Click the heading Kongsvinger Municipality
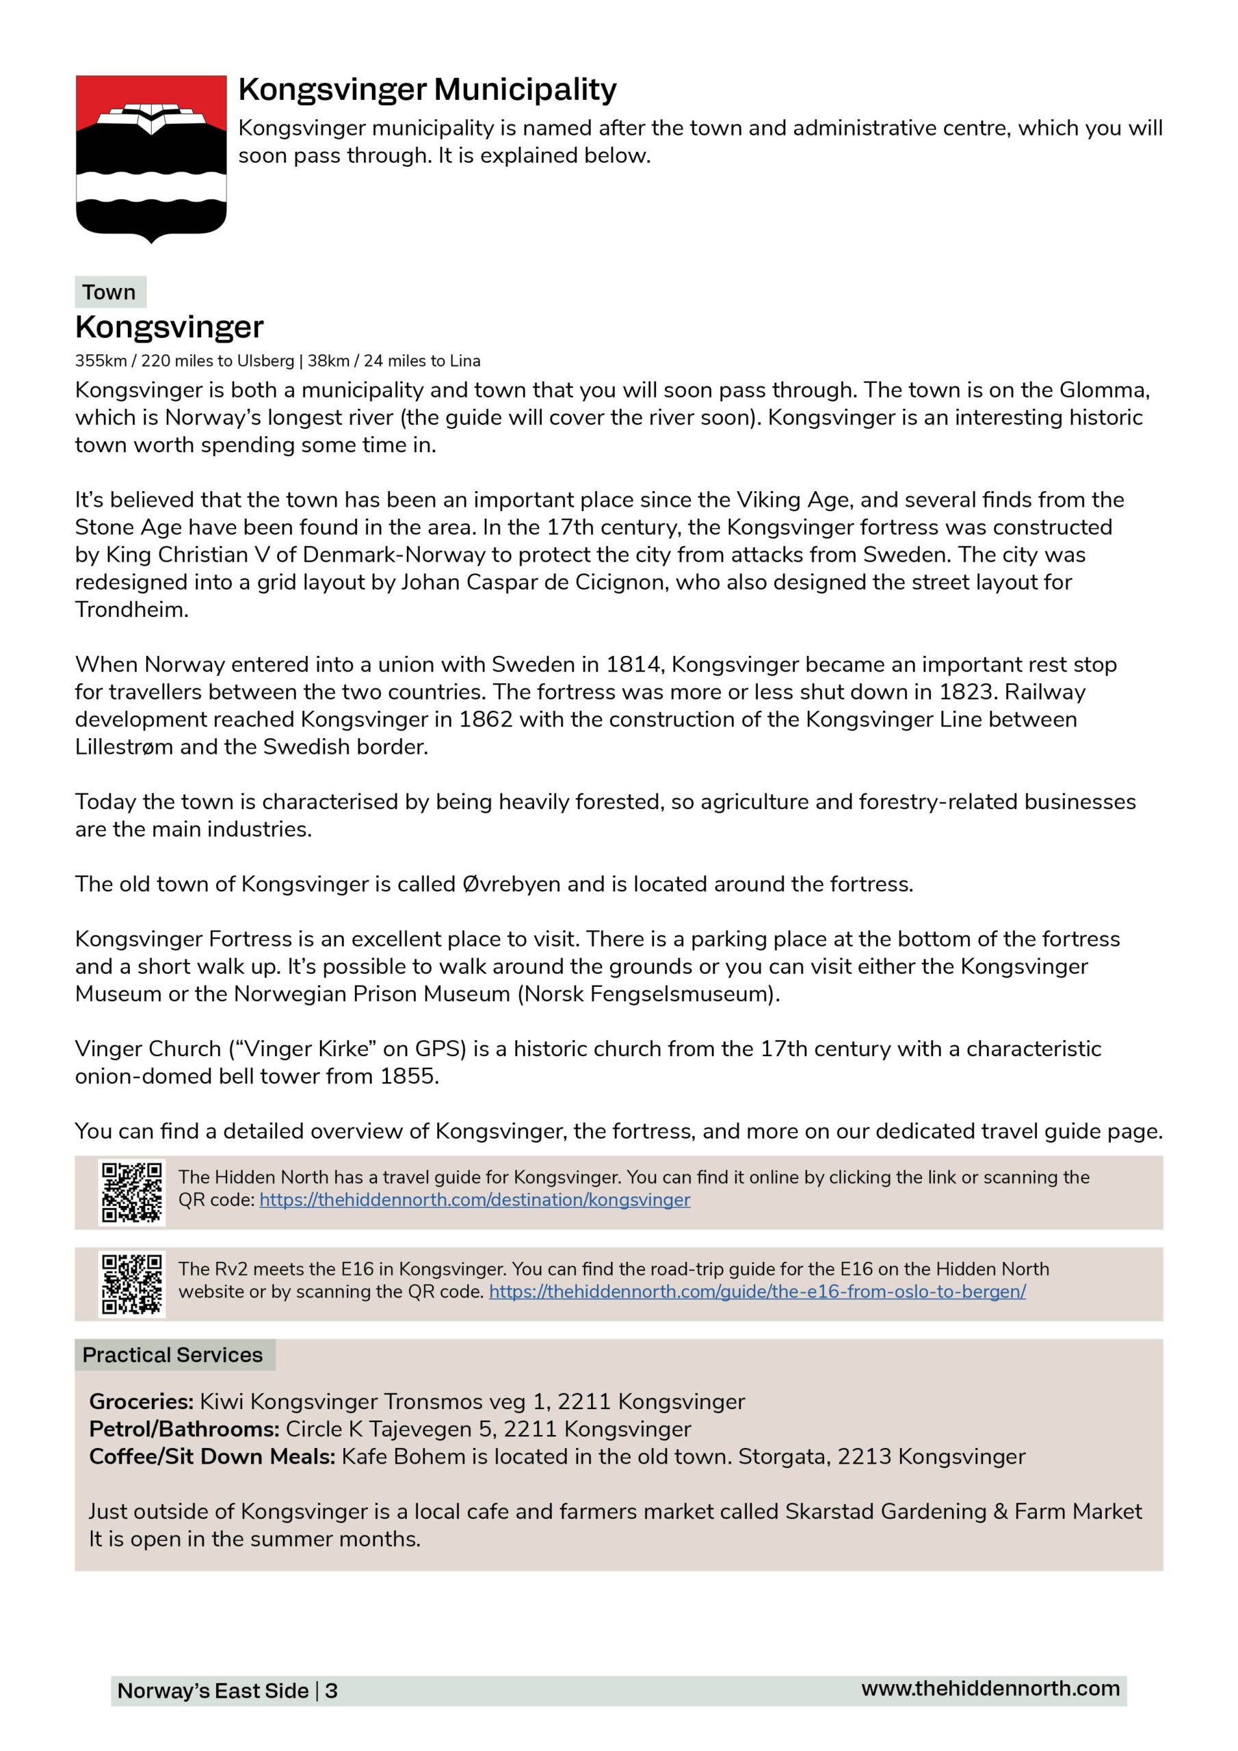(427, 90)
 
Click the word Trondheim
(131, 609)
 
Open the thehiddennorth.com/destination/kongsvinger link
(475, 1200)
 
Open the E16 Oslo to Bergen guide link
(756, 1291)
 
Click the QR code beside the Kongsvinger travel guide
(132, 1192)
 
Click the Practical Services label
(172, 1354)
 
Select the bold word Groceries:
(141, 1401)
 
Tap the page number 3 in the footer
(331, 1691)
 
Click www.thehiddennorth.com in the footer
(990, 1689)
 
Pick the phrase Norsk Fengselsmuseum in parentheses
(648, 994)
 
